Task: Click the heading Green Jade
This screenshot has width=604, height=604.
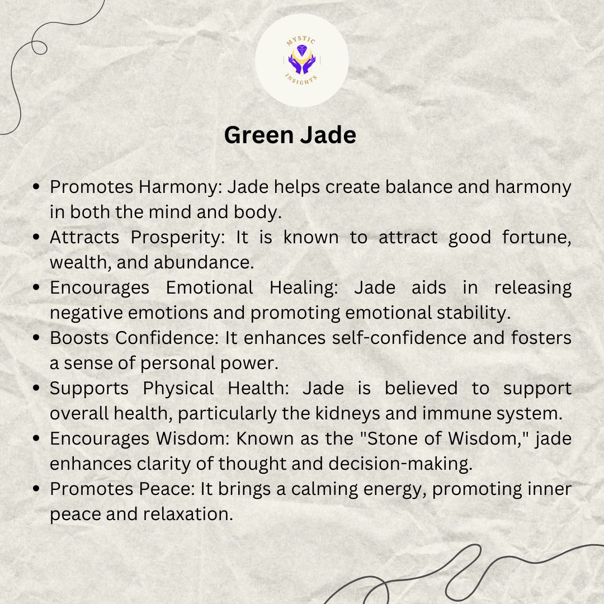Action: coord(290,135)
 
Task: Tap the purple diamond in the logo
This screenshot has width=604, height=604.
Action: coord(301,50)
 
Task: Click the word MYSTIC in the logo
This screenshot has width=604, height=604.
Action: coord(301,40)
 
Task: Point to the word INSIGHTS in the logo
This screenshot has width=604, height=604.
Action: coord(301,79)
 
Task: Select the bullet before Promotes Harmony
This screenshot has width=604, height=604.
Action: coord(36,187)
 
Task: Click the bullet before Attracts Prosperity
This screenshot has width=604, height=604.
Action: coord(36,237)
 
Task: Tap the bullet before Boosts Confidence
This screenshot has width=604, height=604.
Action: coord(36,338)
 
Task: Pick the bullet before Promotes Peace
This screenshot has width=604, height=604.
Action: coord(36,489)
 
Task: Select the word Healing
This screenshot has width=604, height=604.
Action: coord(304,288)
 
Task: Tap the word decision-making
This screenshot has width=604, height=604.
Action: coord(400,464)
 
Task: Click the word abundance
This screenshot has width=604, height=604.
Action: coord(204,263)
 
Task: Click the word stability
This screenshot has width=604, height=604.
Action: coord(474,313)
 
